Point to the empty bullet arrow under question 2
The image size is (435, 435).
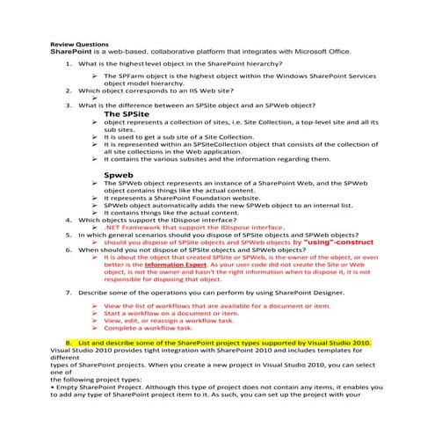[93, 96]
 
